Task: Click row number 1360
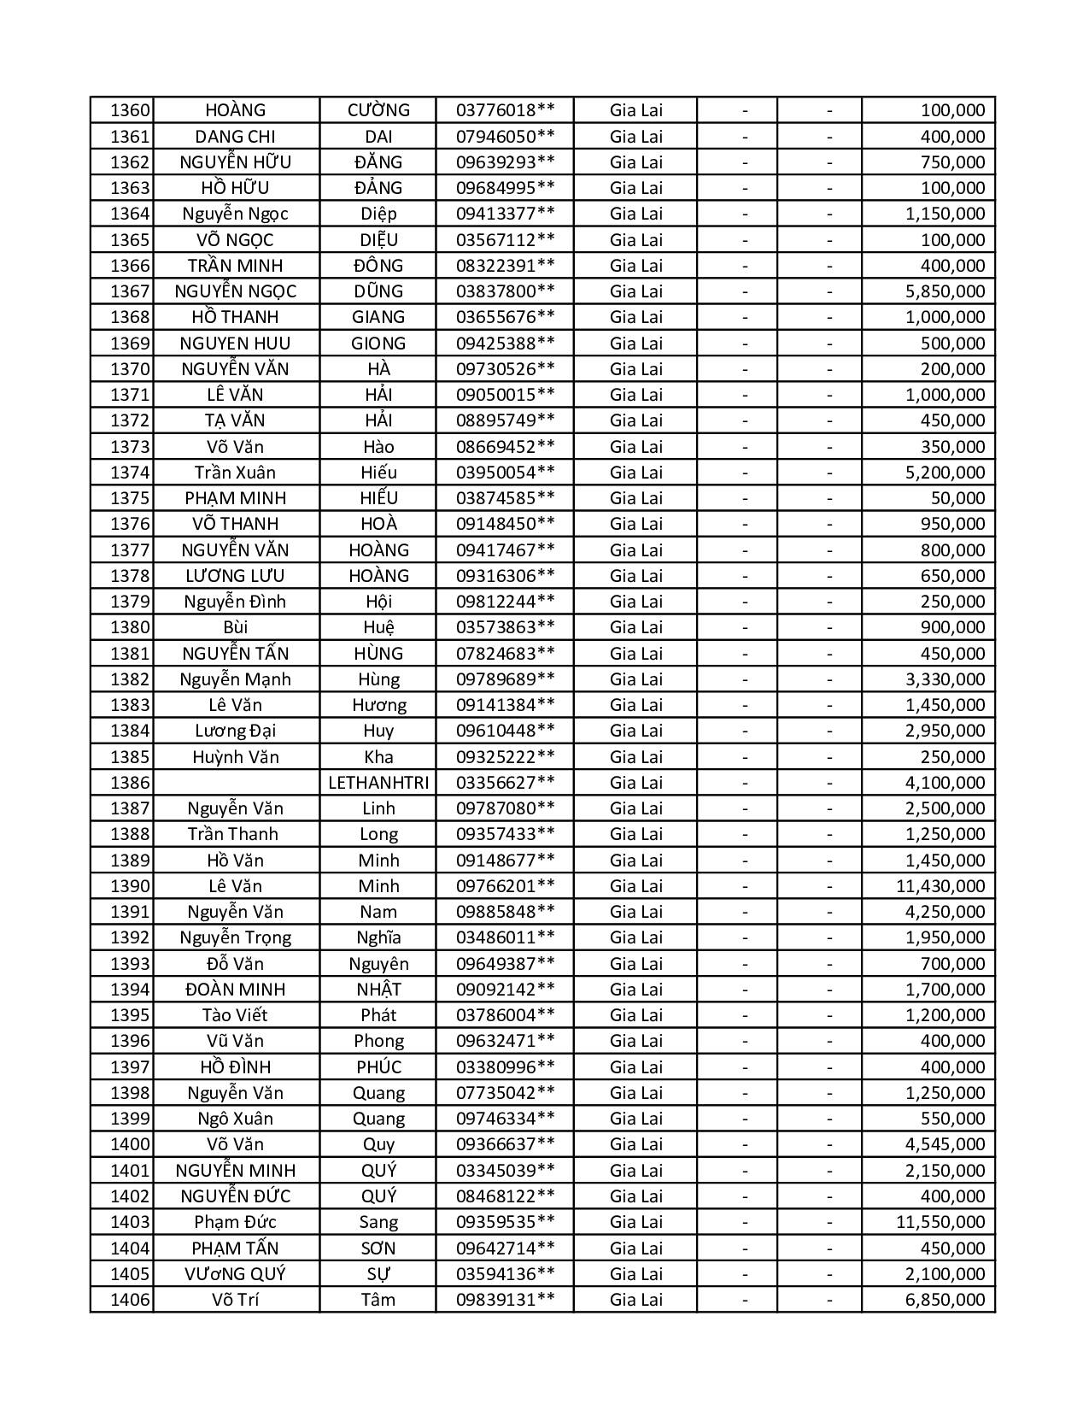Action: coord(130,110)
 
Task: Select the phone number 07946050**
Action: coord(505,137)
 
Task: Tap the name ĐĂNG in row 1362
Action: coord(378,162)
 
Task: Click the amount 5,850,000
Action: coord(945,291)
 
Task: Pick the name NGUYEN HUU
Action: coord(235,344)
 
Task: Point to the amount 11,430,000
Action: coord(940,886)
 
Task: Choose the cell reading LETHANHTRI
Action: coord(378,783)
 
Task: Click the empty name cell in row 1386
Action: coord(236,783)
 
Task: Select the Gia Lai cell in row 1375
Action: coord(635,498)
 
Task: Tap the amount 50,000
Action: coord(957,498)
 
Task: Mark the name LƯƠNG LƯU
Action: coord(235,576)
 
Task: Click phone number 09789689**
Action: coord(505,679)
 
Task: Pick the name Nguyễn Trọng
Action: coord(235,937)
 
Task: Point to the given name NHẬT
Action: coord(378,990)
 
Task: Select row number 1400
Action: coord(130,1144)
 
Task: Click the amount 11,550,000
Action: coord(940,1222)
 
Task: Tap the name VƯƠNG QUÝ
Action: coord(235,1274)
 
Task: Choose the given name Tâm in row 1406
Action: coord(378,1300)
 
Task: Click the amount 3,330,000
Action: coord(945,679)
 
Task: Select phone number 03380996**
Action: coord(505,1067)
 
